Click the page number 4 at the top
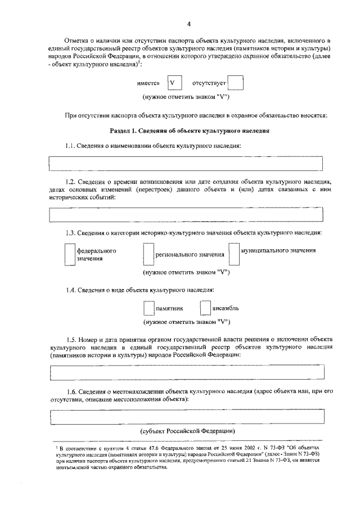coord(190,24)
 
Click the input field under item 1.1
coord(186,163)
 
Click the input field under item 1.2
coord(186,214)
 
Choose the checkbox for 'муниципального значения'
coord(234,254)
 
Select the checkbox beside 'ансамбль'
coord(205,308)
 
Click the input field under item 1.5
coord(186,372)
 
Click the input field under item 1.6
coord(186,417)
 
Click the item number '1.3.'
coord(71,232)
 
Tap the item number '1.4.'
coord(71,290)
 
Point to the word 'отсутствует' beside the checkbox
coord(209,84)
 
